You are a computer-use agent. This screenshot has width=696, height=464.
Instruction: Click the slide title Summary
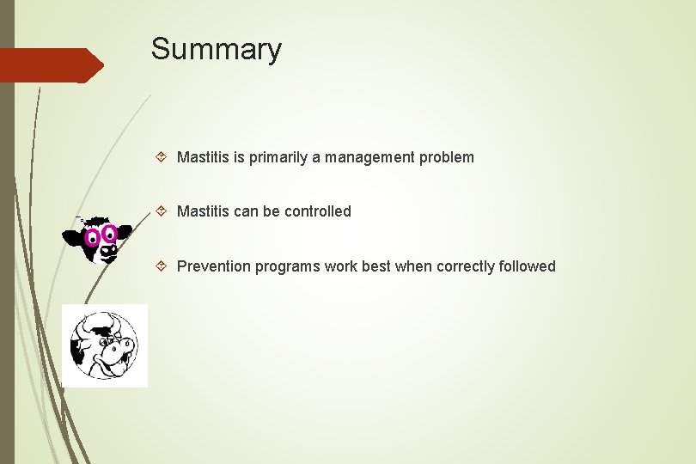(216, 49)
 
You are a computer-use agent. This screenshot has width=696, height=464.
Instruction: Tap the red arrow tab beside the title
(52, 65)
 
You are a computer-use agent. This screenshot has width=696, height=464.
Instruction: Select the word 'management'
(369, 157)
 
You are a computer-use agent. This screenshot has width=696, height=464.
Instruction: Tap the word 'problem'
(447, 157)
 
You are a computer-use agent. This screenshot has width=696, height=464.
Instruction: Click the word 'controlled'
(318, 211)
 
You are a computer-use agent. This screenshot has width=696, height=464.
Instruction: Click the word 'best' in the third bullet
(375, 266)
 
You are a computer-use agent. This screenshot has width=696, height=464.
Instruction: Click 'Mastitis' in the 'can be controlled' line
(203, 211)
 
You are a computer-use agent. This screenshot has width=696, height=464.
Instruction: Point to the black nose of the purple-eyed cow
(108, 250)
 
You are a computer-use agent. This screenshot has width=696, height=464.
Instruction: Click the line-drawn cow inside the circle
(105, 346)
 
